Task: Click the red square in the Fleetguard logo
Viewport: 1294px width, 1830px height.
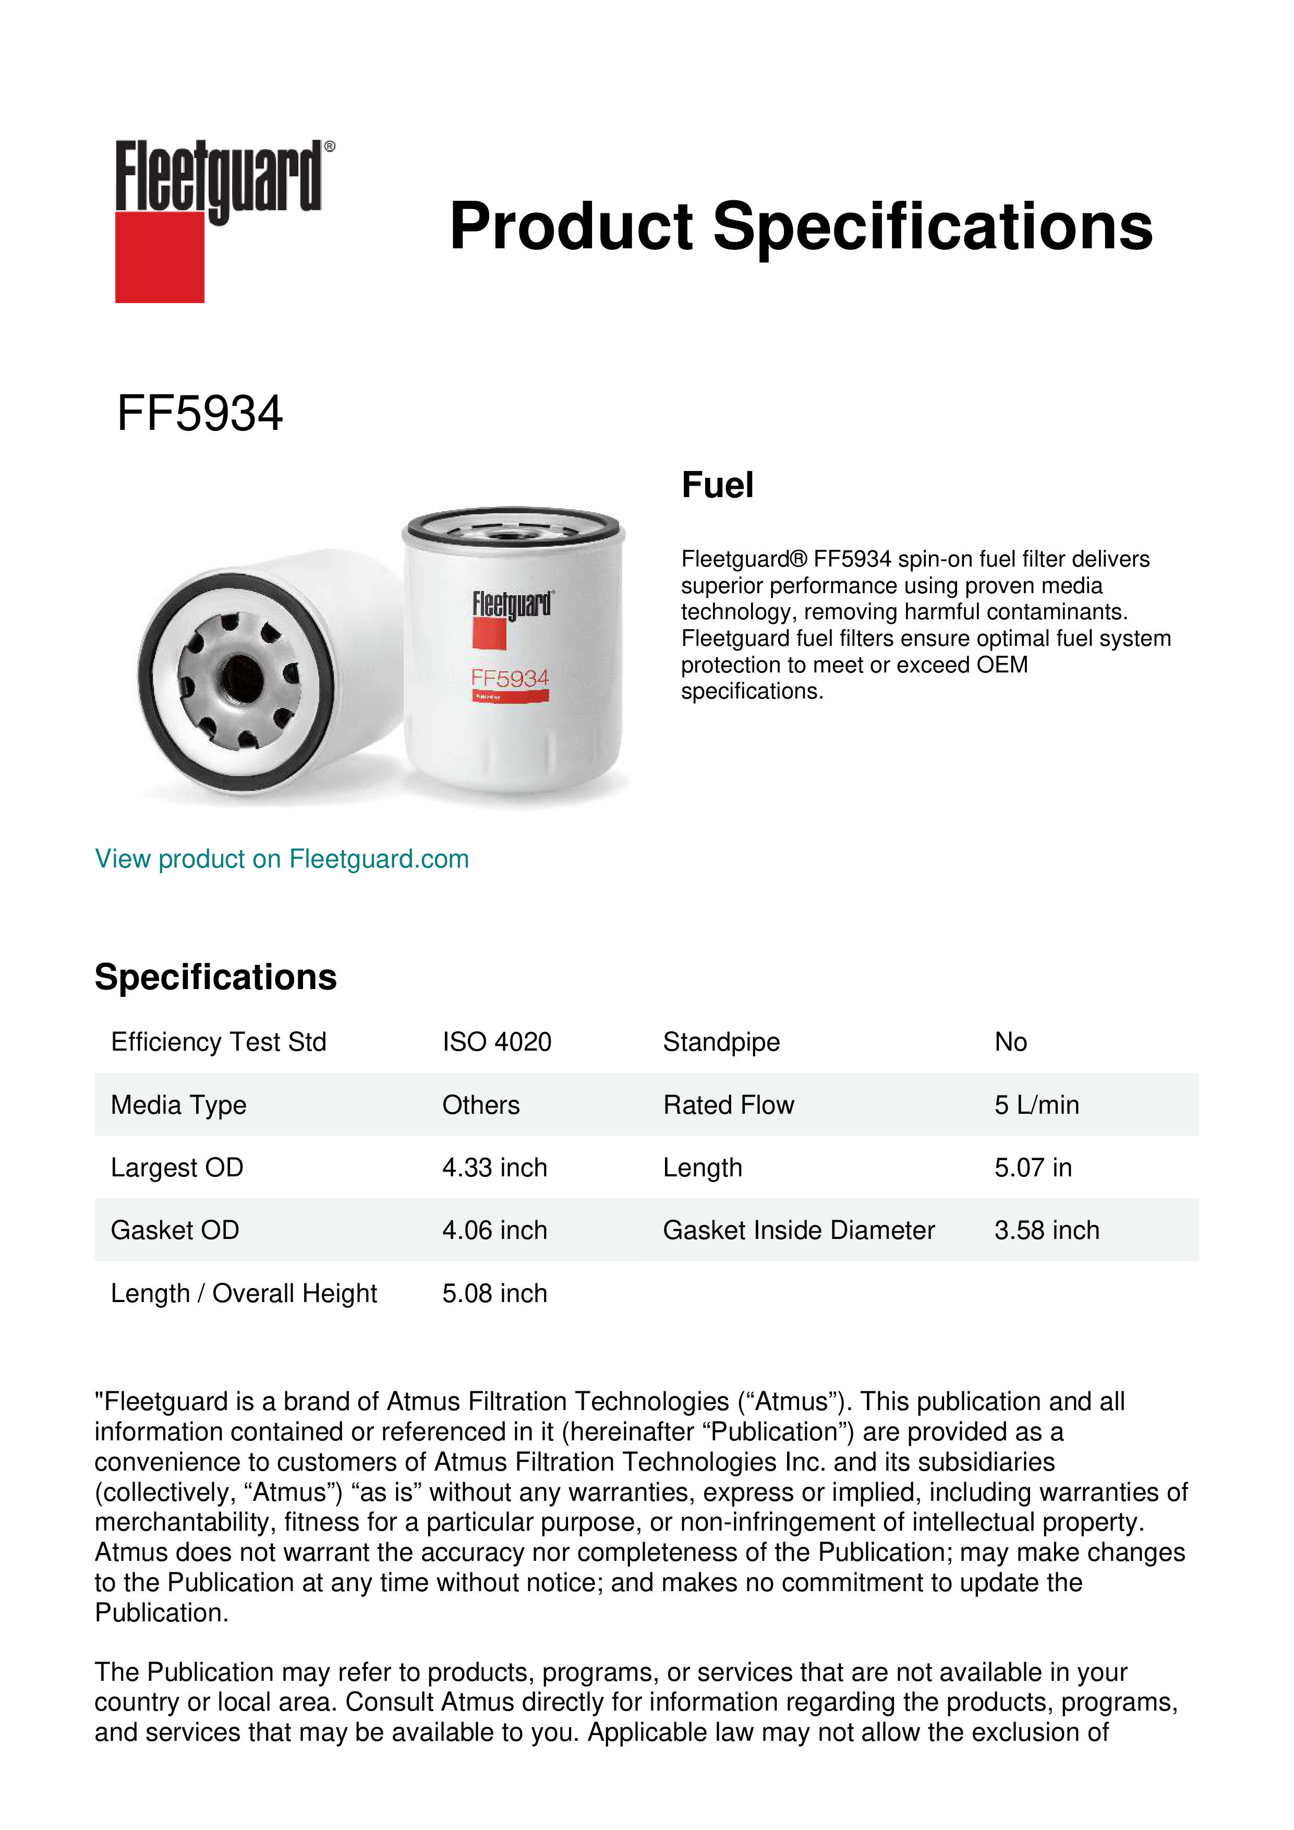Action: pyautogui.click(x=160, y=257)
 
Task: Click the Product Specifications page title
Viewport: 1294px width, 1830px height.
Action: pyautogui.click(x=801, y=226)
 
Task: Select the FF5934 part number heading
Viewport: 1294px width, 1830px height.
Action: pyautogui.click(x=199, y=414)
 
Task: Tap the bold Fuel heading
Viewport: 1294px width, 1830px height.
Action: pyautogui.click(x=717, y=485)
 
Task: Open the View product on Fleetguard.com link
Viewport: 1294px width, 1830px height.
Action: pyautogui.click(x=281, y=859)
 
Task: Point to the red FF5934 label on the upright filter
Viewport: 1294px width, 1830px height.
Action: pyautogui.click(x=510, y=678)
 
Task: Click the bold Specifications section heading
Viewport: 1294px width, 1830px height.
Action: pyautogui.click(x=215, y=977)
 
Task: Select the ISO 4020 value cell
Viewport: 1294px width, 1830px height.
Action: pyautogui.click(x=497, y=1042)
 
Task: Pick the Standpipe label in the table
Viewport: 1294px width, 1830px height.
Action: pyautogui.click(x=721, y=1042)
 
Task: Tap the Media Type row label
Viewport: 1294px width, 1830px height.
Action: pyautogui.click(x=178, y=1105)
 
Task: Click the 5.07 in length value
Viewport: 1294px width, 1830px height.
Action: pyautogui.click(x=1033, y=1167)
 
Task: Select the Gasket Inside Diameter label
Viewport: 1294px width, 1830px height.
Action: pyautogui.click(x=799, y=1231)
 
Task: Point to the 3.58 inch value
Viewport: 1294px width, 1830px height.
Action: pyautogui.click(x=1046, y=1231)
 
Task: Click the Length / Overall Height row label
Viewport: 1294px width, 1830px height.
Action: pyautogui.click(x=243, y=1294)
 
